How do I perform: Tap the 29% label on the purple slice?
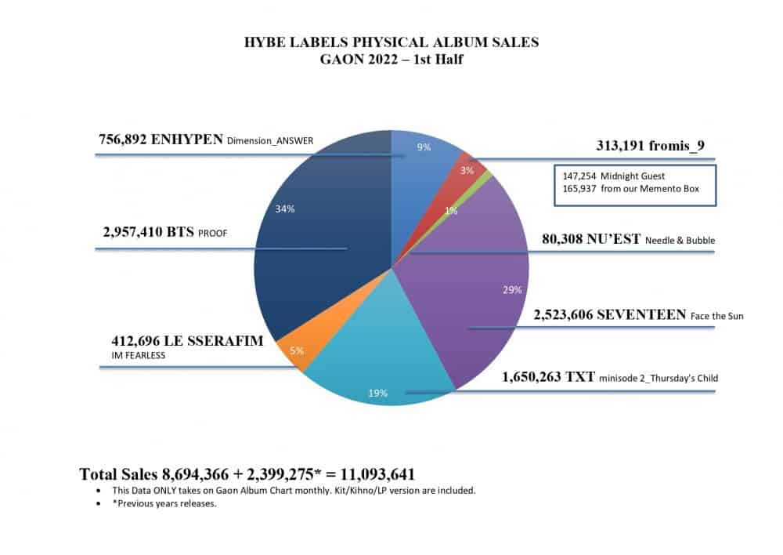[x=511, y=289]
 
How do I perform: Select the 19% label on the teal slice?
[x=378, y=393]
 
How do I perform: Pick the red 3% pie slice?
[x=472, y=162]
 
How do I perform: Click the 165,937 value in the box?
[x=578, y=189]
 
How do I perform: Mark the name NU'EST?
[x=614, y=239]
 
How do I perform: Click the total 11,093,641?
[x=370, y=473]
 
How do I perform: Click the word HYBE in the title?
[x=268, y=44]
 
